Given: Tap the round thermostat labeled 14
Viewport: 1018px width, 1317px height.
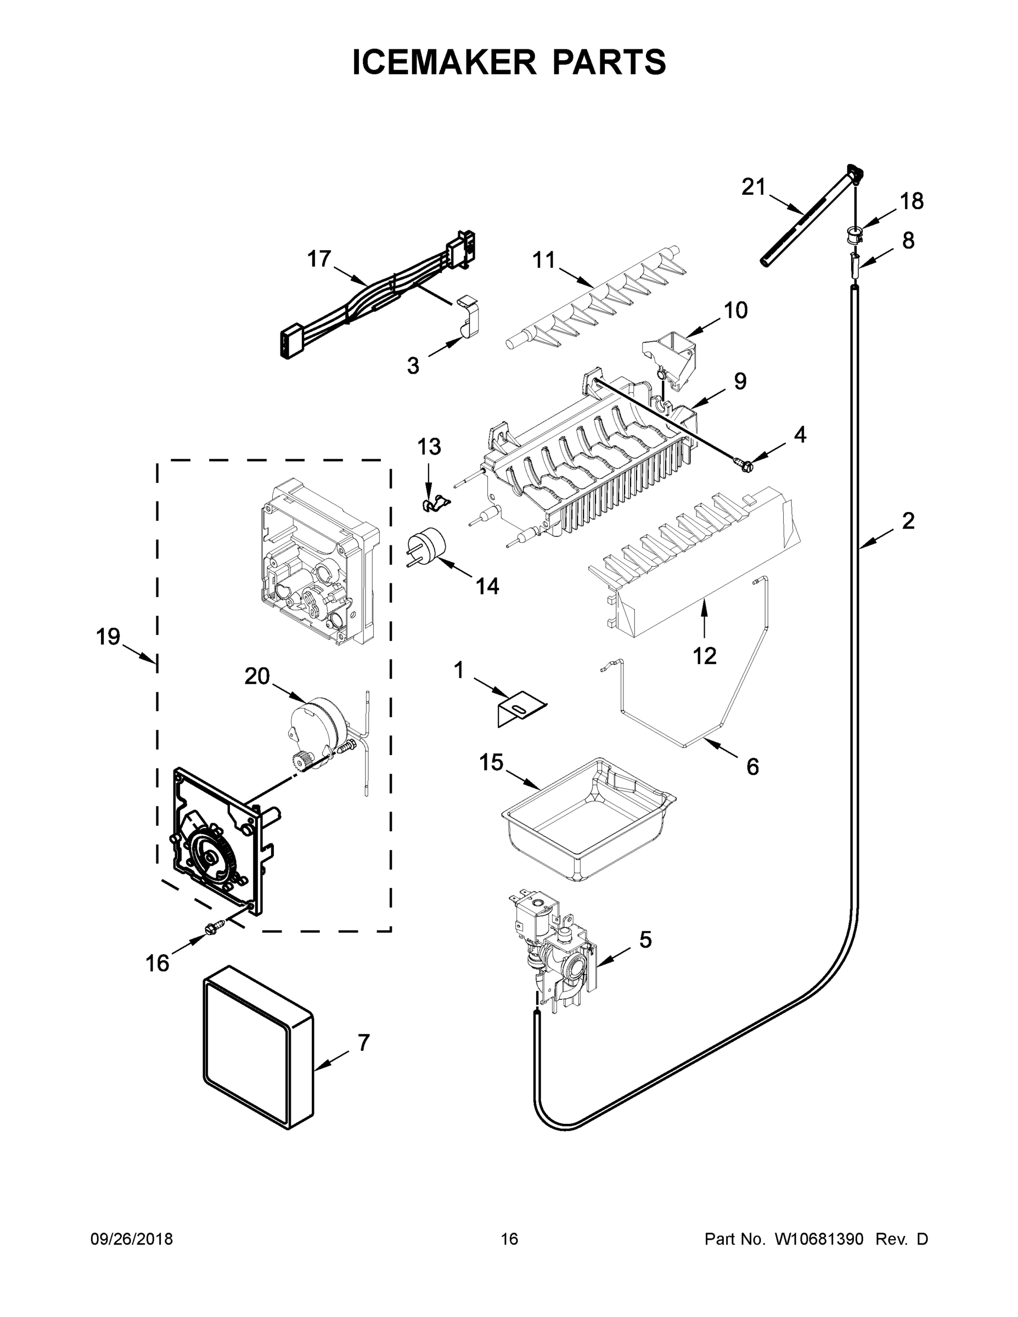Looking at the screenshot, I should (x=428, y=547).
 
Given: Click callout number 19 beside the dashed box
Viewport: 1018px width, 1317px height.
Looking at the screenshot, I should (x=109, y=636).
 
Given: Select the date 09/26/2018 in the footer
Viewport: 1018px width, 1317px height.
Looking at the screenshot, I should (x=132, y=1239).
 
